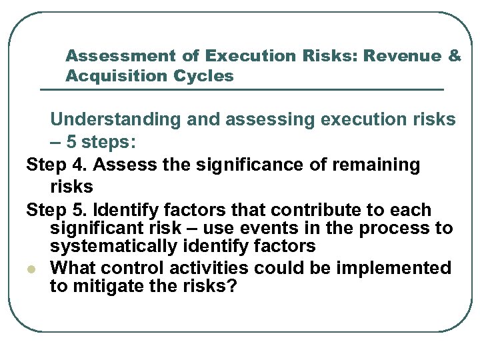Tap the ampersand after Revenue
[455, 56]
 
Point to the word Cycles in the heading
[203, 76]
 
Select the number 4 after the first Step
[76, 165]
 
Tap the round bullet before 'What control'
[31, 269]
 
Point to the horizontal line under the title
[241, 89]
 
